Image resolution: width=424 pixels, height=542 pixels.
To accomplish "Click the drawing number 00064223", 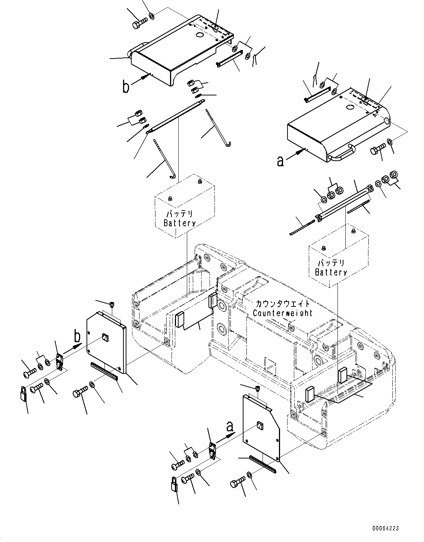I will tap(385, 528).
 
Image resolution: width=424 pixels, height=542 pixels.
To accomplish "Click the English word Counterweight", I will tap(282, 313).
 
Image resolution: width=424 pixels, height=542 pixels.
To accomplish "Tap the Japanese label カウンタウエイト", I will tap(282, 303).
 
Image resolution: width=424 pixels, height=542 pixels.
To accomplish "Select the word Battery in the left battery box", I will tap(179, 223).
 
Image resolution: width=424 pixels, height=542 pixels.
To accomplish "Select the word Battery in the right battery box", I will tap(331, 272).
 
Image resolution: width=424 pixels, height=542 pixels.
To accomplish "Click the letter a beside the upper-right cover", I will tap(281, 161).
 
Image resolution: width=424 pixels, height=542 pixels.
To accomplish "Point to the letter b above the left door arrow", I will tap(77, 337).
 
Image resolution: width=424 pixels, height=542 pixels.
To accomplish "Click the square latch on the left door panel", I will tap(105, 338).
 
